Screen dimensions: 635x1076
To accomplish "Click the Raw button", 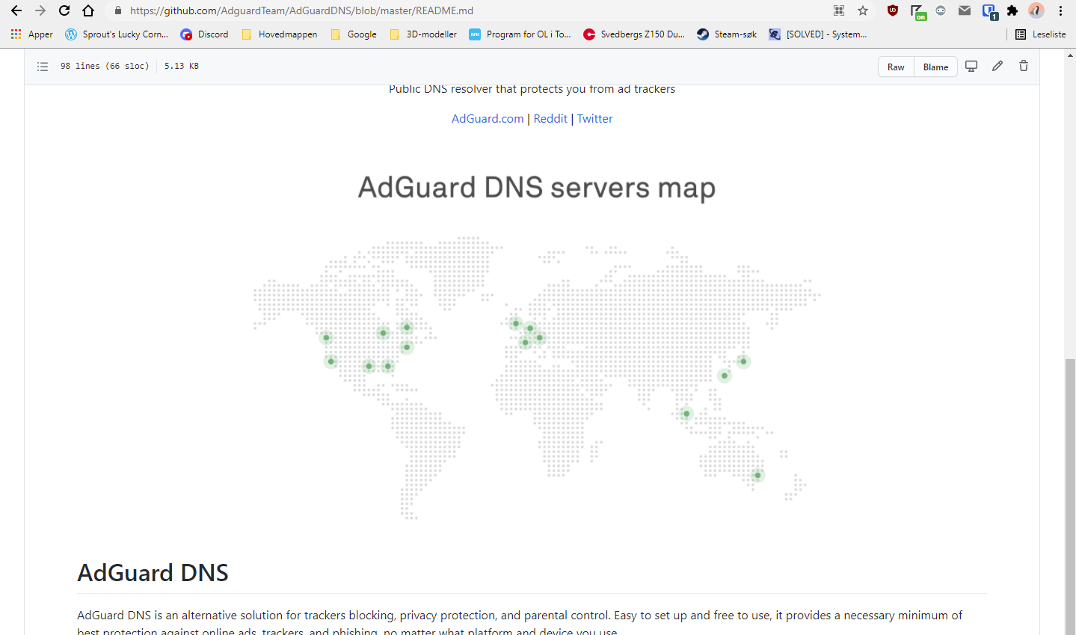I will [x=896, y=67].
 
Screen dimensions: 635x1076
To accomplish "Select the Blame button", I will [x=935, y=67].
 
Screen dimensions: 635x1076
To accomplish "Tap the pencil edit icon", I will [x=997, y=66].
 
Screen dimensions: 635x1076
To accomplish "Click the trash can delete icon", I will [x=1024, y=66].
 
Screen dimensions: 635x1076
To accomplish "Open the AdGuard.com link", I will [x=488, y=119].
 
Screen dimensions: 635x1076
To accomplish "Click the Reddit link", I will [x=550, y=119].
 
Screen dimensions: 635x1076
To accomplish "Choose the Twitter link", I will [x=594, y=119].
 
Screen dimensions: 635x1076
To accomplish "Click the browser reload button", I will [x=64, y=10].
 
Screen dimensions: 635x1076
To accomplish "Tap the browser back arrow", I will [x=16, y=10].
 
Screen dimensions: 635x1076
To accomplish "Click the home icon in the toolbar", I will [x=88, y=10].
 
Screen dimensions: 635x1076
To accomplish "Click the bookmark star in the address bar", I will [x=863, y=10].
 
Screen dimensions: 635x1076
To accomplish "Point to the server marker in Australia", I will [x=757, y=475].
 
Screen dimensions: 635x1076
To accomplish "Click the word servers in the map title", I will [x=600, y=188].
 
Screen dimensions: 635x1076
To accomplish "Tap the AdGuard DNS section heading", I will [x=153, y=573].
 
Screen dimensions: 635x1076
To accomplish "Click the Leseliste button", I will [x=1041, y=34].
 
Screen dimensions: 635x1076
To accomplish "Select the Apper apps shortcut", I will [x=32, y=34].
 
